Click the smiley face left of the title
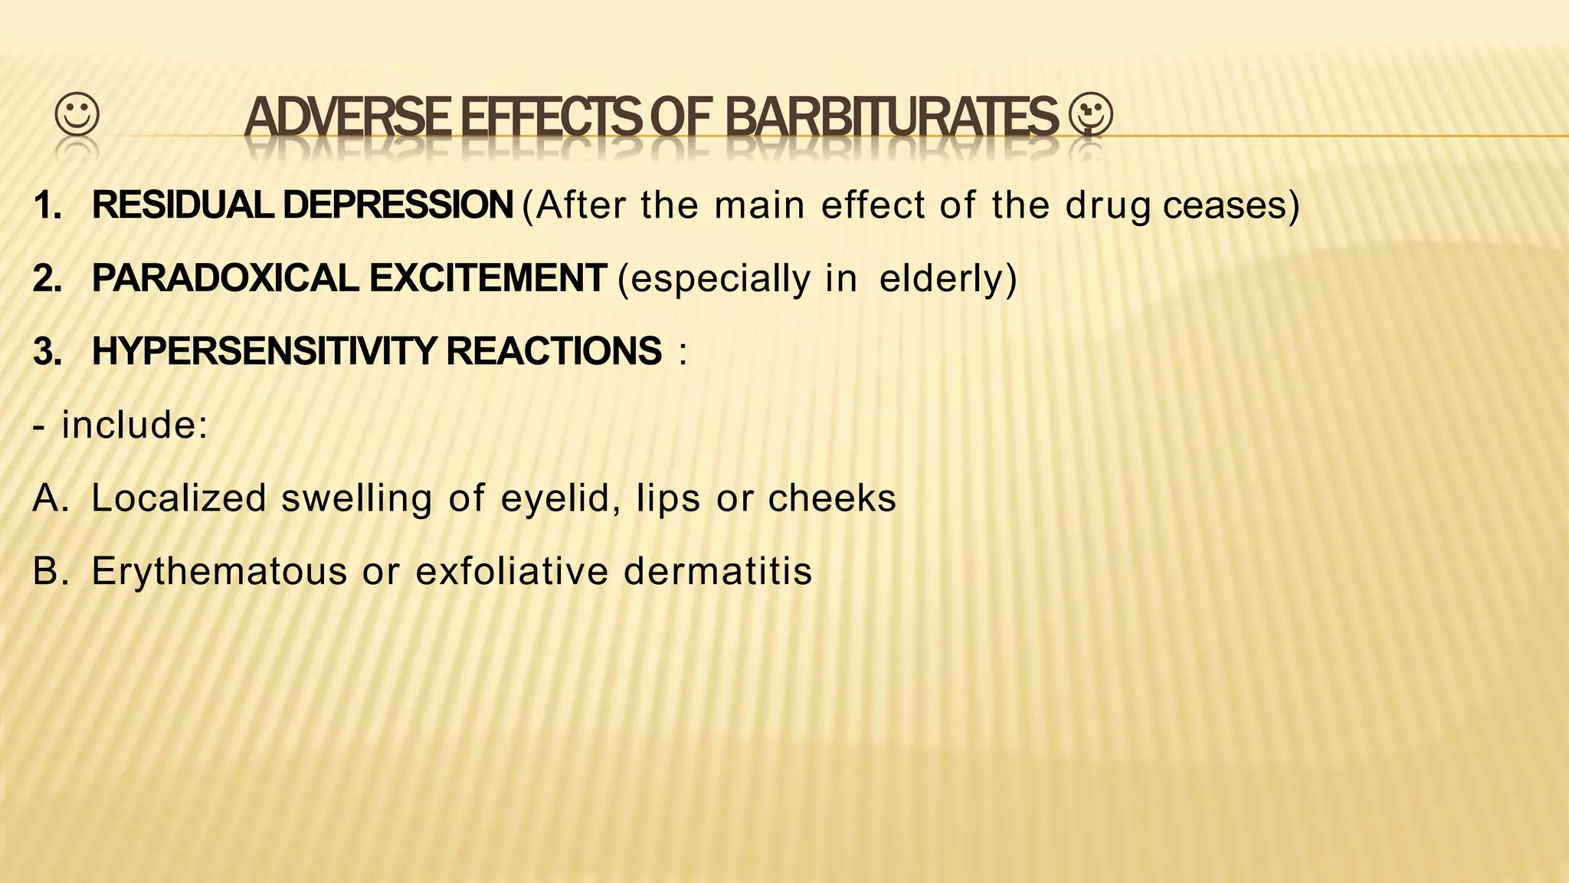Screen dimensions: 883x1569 point(77,116)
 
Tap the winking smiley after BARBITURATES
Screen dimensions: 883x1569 point(1091,116)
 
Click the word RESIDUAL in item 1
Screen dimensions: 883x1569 point(185,205)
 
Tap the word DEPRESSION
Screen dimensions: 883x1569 point(398,205)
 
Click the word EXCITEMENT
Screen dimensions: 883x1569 point(488,278)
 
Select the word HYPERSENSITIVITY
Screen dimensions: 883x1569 point(264,352)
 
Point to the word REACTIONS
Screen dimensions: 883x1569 point(553,352)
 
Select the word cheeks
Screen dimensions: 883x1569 point(832,498)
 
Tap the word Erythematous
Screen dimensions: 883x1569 point(219,572)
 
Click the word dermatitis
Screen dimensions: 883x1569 point(718,572)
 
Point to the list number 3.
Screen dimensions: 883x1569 point(47,352)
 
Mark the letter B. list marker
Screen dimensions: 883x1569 point(51,572)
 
